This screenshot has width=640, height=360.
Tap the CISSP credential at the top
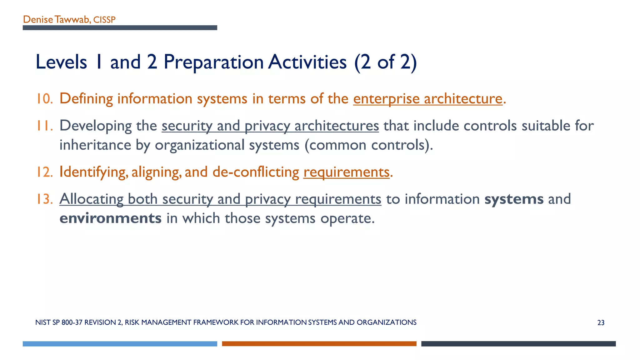[x=104, y=20]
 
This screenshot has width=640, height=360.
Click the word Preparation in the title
[x=214, y=62]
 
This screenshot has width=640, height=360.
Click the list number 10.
[x=44, y=99]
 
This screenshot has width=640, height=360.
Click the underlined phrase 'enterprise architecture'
[x=427, y=99]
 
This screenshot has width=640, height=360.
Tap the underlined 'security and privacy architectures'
[x=270, y=126]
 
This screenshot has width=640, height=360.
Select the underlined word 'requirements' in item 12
[x=346, y=172]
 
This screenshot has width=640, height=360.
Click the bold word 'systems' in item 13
[x=514, y=199]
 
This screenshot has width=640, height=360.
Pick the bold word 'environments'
[x=110, y=218]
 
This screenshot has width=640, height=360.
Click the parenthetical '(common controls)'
[x=368, y=145]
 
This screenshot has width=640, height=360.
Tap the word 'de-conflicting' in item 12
[x=256, y=172]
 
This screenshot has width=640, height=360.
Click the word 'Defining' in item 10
[x=86, y=99]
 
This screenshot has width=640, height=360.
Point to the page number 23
[x=601, y=323]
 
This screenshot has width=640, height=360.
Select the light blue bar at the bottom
[x=120, y=344]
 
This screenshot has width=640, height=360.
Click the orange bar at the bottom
[x=319, y=344]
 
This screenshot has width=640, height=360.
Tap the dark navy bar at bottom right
[x=518, y=344]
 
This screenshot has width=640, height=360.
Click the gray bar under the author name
[x=120, y=28]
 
